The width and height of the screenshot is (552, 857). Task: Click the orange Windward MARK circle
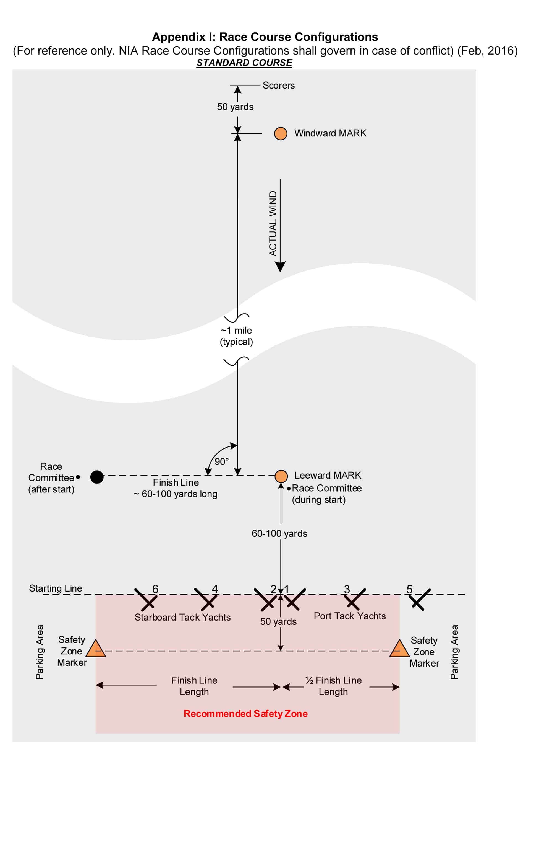click(x=281, y=133)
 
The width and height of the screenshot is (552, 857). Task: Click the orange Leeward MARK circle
click(x=281, y=477)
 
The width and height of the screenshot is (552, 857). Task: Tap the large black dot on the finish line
click(x=97, y=477)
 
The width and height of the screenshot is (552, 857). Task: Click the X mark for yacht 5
click(x=420, y=599)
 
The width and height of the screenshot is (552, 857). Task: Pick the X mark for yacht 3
click(x=355, y=599)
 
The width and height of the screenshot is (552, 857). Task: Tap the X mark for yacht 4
click(x=206, y=599)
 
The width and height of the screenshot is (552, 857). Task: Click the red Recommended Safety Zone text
click(x=245, y=713)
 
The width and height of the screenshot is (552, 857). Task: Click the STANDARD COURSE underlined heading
click(x=244, y=63)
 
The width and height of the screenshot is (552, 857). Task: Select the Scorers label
click(x=279, y=86)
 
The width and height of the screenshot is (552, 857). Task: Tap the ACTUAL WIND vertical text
click(x=273, y=224)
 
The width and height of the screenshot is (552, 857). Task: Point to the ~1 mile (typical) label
click(x=237, y=336)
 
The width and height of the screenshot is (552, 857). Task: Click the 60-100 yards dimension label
click(x=279, y=534)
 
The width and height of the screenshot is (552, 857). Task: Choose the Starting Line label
click(x=56, y=588)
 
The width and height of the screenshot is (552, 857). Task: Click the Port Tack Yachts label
click(x=350, y=616)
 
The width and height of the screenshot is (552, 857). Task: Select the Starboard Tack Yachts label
click(x=182, y=617)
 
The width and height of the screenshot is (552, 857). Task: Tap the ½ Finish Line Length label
click(x=333, y=686)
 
